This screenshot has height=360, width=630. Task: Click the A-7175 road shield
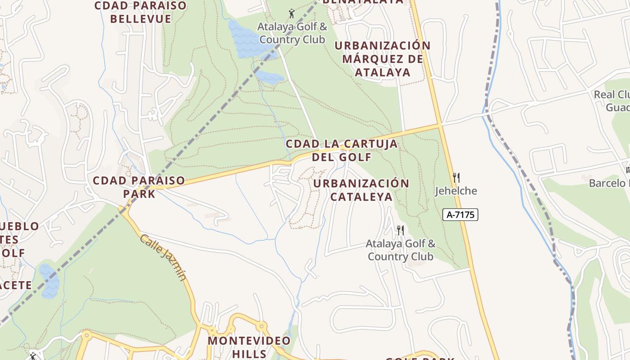(460, 215)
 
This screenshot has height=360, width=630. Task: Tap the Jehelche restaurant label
(456, 191)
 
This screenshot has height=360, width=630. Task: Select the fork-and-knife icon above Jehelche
(456, 177)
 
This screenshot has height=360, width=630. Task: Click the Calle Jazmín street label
(163, 257)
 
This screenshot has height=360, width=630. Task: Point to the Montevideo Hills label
(249, 346)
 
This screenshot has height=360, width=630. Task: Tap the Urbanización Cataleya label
(361, 190)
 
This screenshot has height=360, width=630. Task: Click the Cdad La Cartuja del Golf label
(342, 150)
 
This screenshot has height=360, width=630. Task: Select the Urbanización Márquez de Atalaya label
(382, 59)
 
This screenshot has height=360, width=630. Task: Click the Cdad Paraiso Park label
(139, 187)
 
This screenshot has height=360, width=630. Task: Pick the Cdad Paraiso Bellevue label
(140, 12)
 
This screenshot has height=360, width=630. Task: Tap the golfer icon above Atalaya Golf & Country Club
(292, 13)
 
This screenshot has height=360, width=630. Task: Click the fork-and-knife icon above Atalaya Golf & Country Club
(400, 231)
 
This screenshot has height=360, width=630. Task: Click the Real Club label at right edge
(612, 101)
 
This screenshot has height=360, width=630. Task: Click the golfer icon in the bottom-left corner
(32, 356)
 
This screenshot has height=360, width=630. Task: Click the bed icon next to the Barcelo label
(628, 170)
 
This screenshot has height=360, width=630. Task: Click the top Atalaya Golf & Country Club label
(292, 33)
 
